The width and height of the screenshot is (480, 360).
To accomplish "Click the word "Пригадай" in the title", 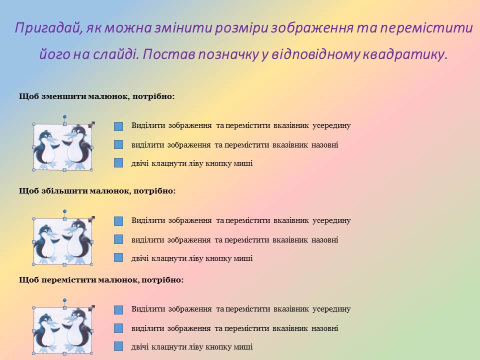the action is pos(49,28).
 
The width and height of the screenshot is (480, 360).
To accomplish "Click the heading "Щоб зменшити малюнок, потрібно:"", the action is pos(96,96).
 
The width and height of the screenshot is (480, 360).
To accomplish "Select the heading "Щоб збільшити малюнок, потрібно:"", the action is pos(97,191).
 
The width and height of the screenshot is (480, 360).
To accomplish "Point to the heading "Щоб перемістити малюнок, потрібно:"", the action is pos(101,280).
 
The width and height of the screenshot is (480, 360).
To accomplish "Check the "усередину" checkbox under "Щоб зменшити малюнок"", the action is pos(118,126).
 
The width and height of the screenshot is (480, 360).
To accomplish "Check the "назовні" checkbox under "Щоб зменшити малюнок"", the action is pos(118,144).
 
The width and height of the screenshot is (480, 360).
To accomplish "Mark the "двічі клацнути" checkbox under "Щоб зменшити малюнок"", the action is pos(118,163).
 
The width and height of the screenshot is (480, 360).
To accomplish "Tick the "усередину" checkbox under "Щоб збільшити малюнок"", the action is pos(118,221).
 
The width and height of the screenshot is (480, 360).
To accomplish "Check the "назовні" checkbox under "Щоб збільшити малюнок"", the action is pos(118,239).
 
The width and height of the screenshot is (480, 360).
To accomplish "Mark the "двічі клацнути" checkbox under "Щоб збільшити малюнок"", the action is pos(118,258).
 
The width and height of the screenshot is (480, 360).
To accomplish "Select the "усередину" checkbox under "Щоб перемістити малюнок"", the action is pos(118,310).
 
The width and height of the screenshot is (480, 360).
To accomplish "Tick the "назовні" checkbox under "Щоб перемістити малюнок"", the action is pos(118,328).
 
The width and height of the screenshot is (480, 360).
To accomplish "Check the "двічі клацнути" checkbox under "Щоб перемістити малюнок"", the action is pos(118,346).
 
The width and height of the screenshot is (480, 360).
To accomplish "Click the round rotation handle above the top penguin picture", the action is pos(64,116).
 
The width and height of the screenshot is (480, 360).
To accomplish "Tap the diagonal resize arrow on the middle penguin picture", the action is pos(91,219).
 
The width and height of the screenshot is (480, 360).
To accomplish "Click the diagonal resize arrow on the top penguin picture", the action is pos(91,124).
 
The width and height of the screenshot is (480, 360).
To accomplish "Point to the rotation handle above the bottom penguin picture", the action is pos(64,300).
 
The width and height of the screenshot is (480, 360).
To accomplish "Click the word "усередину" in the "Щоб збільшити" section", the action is pos(331,220).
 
